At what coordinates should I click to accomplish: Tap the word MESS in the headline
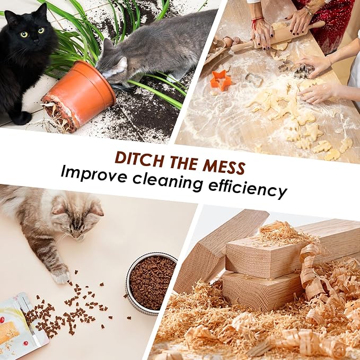(x=224, y=166)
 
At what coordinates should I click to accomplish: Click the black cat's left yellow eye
(x=24, y=34)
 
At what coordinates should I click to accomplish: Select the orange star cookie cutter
(x=220, y=81)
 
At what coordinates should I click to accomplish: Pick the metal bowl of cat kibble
(x=151, y=283)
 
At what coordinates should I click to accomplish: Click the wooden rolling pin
(x=277, y=37)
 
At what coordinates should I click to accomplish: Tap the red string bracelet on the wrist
(x=256, y=22)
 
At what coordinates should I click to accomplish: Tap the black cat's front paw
(x=21, y=118)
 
